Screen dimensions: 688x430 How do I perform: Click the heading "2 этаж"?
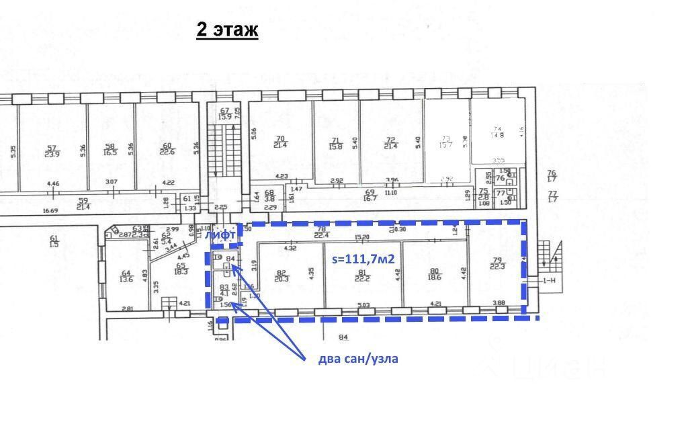227,30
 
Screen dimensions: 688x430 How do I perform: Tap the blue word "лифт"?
220,234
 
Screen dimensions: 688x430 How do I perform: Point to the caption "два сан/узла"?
357,358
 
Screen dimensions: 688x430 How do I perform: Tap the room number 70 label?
280,139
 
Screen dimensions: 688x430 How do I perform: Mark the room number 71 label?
334,140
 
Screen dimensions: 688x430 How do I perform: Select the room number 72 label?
390,140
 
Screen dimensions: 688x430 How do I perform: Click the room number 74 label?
497,130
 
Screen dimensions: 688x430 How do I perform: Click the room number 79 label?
497,260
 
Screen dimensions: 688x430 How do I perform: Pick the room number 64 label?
125,272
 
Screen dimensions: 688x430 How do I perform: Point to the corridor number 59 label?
83,200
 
